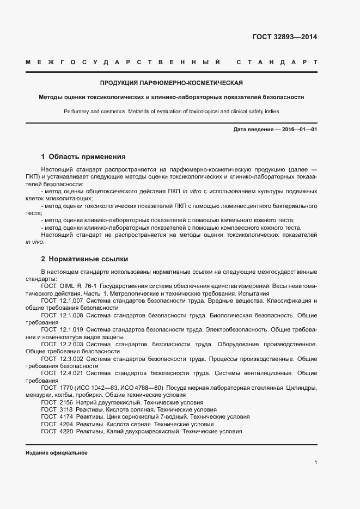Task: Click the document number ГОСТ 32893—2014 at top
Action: [x=285, y=38]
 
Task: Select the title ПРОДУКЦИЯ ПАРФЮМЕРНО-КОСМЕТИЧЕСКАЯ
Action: [x=172, y=83]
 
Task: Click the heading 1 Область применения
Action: [x=83, y=156]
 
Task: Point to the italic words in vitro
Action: [x=191, y=191]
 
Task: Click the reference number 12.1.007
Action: [x=71, y=301]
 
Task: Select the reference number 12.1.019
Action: [x=71, y=329]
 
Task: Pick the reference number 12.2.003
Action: [x=71, y=344]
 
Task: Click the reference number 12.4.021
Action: [x=71, y=373]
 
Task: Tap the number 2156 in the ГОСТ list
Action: [x=66, y=402]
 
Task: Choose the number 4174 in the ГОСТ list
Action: [x=66, y=416]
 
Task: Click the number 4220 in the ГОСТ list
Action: [x=66, y=431]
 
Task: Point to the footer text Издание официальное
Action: [x=57, y=453]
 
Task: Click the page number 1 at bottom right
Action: [x=315, y=463]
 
